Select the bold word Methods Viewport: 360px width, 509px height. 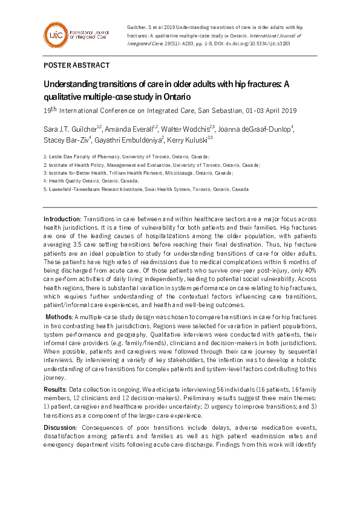(x=60, y=317)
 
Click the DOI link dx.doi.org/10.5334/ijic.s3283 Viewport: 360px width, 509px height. (x=266, y=44)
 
